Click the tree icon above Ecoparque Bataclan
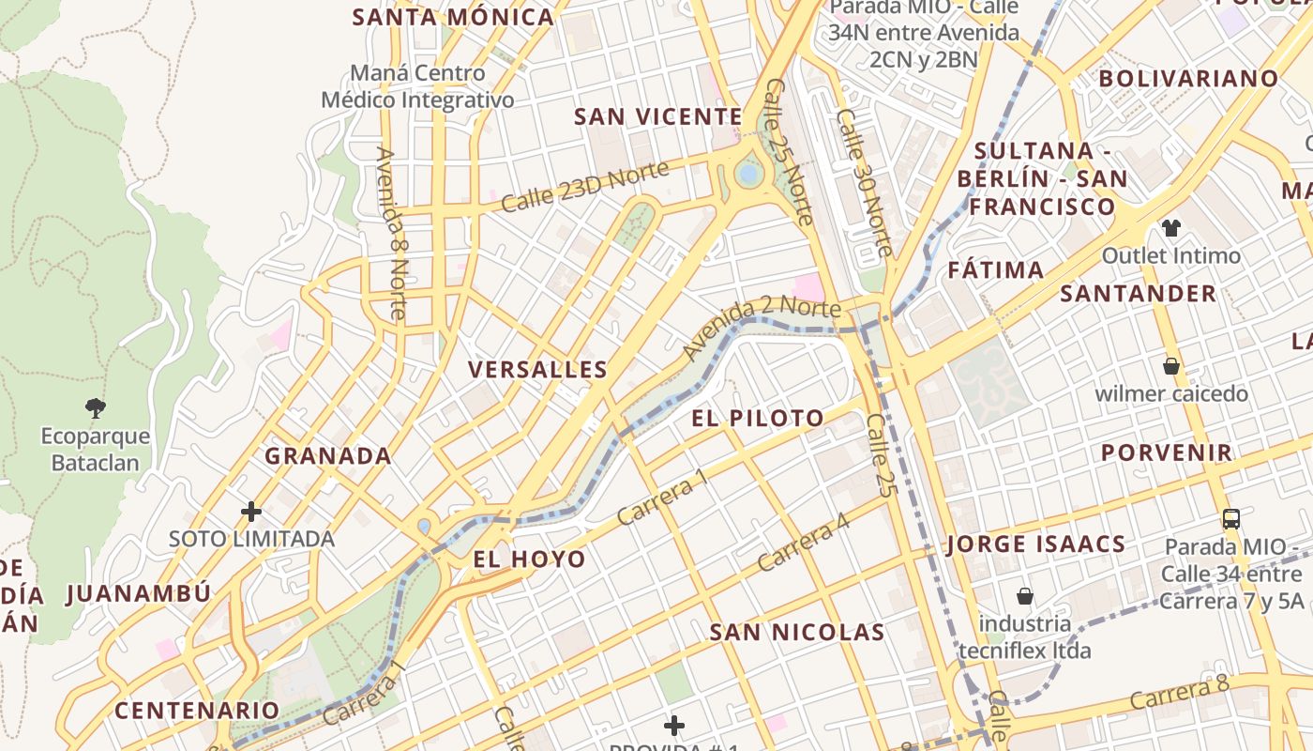pos(95,407)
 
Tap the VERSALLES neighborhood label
pos(537,370)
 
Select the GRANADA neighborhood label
pos(328,456)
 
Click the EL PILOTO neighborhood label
pos(758,419)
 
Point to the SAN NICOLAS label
pos(797,633)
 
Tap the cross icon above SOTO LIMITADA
pos(251,512)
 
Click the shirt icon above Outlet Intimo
pos(1170,227)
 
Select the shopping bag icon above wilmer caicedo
pos(1170,365)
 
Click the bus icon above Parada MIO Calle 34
pos(1230,518)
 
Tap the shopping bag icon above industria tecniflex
pos(1025,596)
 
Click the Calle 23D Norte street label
pos(584,186)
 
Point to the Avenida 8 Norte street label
pos(391,234)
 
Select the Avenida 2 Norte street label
pos(761,326)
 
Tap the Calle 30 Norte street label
pos(865,183)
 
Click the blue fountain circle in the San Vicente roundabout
pos(748,174)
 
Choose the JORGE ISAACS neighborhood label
pos(1036,544)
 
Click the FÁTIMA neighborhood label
pos(995,270)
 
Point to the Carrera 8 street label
pos(1179,694)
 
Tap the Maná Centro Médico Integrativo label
pos(417,86)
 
